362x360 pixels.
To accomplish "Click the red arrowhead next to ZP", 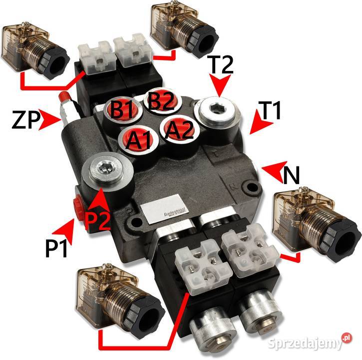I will click(x=50, y=119).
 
